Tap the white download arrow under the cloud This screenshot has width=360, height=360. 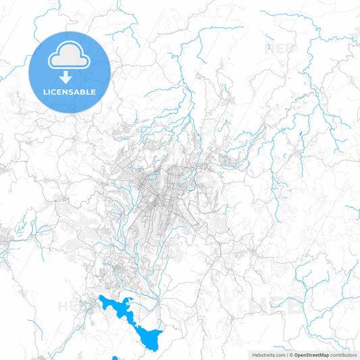[x=69, y=75]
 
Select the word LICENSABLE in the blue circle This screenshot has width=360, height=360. [x=69, y=92]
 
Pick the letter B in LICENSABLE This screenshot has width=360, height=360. [x=84, y=92]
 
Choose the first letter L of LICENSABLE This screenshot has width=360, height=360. [x=45, y=92]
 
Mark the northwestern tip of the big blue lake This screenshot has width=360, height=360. [x=102, y=298]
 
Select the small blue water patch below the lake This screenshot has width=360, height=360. [x=115, y=358]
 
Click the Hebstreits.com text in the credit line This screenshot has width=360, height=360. [x=268, y=354]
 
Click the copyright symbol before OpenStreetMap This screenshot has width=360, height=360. [x=291, y=354]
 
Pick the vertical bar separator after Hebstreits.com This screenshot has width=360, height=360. [x=286, y=354]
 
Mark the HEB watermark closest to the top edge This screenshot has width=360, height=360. [x=280, y=48]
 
